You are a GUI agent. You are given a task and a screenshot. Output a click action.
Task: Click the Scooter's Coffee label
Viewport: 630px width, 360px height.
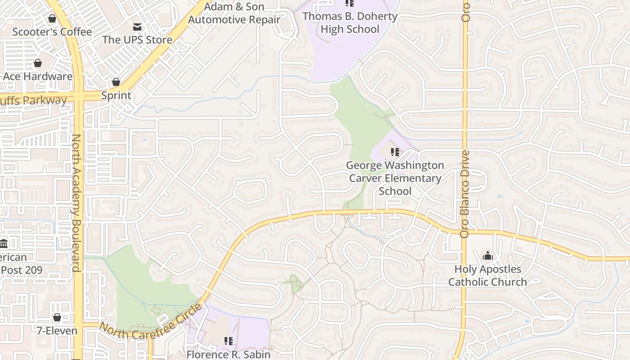pos(52,32)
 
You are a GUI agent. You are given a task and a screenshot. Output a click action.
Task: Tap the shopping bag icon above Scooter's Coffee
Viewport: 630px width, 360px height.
pos(52,19)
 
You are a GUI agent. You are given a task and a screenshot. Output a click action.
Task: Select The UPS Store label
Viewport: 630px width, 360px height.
pos(137,40)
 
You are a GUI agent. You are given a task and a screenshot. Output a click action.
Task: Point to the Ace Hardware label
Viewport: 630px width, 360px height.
pos(37,76)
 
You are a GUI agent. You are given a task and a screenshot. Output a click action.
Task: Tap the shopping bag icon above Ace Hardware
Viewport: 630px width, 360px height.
pos(38,63)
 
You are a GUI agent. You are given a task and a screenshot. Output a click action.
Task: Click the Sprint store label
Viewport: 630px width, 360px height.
pos(116,95)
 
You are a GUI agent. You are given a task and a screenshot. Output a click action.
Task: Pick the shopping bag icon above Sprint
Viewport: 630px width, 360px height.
pos(116,82)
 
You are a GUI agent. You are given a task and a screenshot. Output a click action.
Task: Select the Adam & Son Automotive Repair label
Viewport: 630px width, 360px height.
pos(234,13)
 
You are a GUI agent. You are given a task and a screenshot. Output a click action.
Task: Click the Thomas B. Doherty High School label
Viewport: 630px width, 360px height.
pos(350,23)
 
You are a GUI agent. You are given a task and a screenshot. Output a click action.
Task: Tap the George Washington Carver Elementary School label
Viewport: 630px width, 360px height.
pos(395,178)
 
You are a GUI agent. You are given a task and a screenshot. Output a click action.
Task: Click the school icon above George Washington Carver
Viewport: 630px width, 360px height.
pos(395,152)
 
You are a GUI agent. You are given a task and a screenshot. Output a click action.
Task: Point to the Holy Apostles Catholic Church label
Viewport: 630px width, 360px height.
pos(487,275)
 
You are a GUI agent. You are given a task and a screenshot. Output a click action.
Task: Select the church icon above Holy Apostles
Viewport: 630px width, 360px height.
pos(487,256)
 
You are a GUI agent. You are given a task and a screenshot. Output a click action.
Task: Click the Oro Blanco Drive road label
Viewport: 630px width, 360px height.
pos(465,193)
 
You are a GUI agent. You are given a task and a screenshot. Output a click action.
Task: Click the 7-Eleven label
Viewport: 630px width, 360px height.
pos(57,331)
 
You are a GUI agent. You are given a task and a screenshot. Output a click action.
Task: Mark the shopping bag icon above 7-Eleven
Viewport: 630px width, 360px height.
pos(57,318)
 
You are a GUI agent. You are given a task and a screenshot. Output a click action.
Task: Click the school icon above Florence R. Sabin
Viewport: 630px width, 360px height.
pos(229,341)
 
